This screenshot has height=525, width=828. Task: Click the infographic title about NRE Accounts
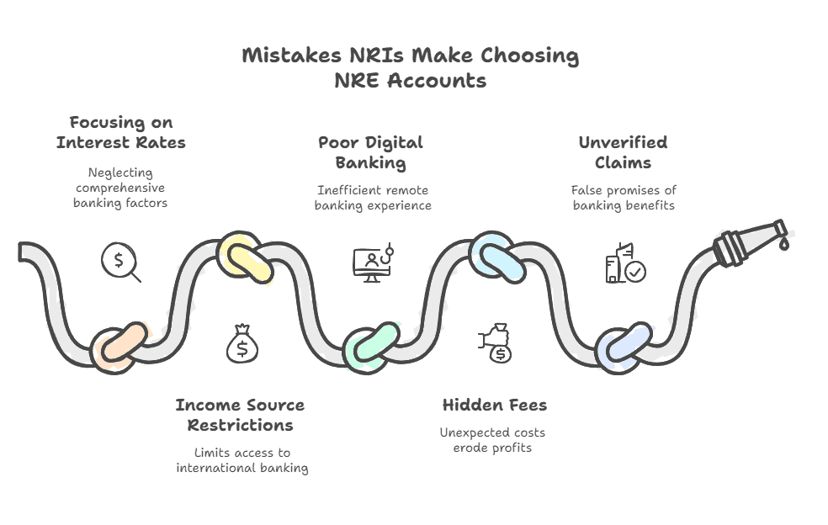411,68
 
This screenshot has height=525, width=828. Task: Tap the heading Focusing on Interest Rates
121,133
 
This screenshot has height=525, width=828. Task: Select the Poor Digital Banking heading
370,152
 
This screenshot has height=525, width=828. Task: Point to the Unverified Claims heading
623,152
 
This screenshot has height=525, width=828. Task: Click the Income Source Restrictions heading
241,415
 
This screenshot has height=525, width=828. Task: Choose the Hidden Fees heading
495,406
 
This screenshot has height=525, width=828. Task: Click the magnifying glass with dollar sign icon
120,262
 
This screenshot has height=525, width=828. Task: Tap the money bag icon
242,345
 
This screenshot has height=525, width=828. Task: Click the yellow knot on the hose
243,257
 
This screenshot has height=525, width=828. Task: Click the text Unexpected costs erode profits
492,440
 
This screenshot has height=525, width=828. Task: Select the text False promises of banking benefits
624,197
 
